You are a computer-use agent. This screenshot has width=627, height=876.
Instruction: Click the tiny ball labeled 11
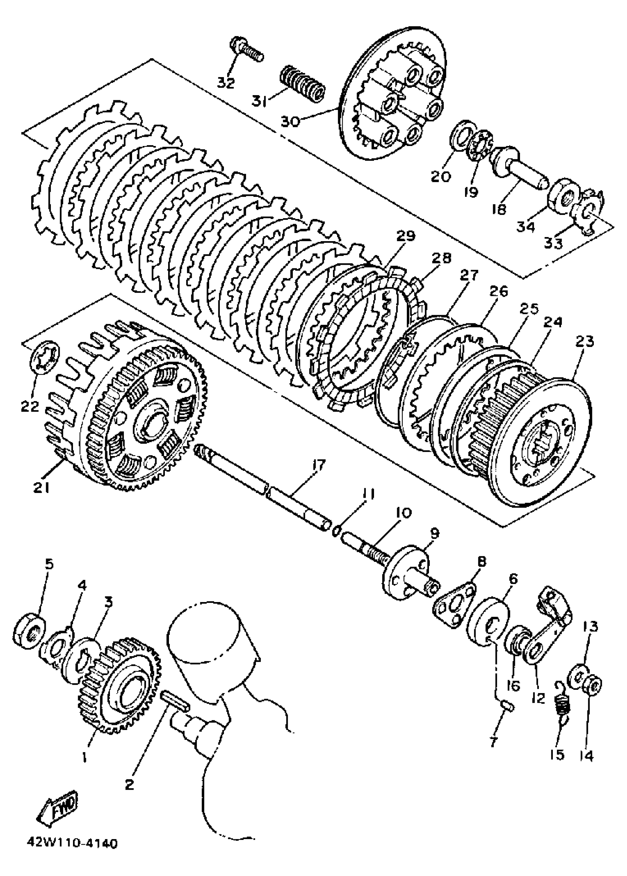(336, 531)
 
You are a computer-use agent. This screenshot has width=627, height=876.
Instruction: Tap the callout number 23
(585, 341)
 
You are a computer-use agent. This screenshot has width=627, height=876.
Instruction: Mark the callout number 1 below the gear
(84, 758)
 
